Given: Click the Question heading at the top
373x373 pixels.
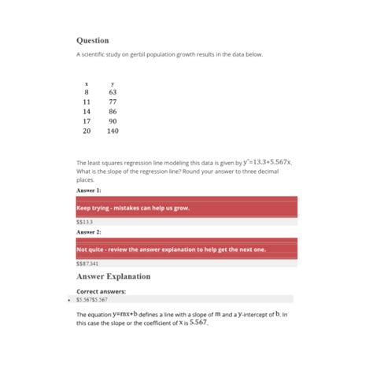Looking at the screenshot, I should (x=92, y=40).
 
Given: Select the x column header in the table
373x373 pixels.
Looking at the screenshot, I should (x=87, y=83).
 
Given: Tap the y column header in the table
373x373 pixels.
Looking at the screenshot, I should (x=113, y=83).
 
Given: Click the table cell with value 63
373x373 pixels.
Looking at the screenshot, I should (x=113, y=92).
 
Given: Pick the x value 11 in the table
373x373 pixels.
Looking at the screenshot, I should (x=87, y=102).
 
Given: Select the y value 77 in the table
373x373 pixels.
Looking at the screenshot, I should (x=113, y=102).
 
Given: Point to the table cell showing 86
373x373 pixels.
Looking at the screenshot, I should (x=113, y=112).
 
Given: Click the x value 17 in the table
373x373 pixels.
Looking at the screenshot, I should (x=87, y=121).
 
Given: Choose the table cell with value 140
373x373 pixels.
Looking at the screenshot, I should (x=113, y=131).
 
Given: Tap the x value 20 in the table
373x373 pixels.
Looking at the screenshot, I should (x=87, y=131).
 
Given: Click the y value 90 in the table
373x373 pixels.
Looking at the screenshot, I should (x=113, y=121).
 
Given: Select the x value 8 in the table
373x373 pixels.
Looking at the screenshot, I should (x=87, y=92).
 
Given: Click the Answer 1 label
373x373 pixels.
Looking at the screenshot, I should (x=88, y=190).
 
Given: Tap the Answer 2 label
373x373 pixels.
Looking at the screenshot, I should (x=88, y=232).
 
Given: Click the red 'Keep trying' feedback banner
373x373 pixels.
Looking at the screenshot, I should (x=186, y=208).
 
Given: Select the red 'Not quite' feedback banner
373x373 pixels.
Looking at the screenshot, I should (x=186, y=249).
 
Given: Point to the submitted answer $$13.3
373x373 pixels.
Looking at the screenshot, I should (x=84, y=222).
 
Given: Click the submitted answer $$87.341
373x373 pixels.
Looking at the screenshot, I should (x=87, y=264).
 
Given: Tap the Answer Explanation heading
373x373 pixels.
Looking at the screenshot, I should (x=113, y=277).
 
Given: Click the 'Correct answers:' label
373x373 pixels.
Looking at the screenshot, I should (x=101, y=291).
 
